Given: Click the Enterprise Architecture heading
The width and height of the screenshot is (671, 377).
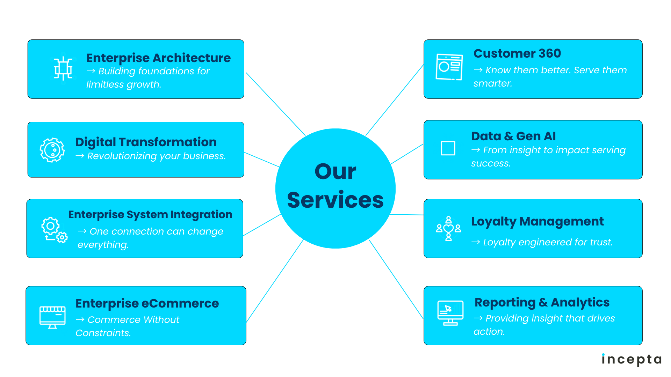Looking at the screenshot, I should tap(158, 58).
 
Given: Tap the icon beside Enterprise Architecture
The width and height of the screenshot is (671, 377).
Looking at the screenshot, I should tap(63, 68).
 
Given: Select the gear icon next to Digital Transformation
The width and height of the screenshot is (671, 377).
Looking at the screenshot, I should tap(52, 150).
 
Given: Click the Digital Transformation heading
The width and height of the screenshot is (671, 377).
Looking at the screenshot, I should tap(146, 142).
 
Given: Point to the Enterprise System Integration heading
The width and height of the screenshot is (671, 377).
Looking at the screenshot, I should tap(150, 214).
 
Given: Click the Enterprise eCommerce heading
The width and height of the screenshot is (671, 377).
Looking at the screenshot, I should tap(147, 303).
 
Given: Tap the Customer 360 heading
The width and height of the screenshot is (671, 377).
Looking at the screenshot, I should tap(517, 53).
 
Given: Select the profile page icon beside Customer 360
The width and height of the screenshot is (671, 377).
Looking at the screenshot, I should tap(449, 67).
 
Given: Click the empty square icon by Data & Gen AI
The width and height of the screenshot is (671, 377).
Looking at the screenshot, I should tap(448, 148).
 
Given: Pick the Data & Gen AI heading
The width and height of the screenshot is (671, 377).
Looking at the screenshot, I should tap(513, 136).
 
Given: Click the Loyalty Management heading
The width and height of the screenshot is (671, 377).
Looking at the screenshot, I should tap(537, 221).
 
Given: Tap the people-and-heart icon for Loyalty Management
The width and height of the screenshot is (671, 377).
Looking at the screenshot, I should tap(448, 229).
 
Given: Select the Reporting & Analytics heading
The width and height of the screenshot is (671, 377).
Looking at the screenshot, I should tap(542, 302).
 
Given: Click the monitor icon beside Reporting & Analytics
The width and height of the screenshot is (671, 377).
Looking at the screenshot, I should tap(450, 313).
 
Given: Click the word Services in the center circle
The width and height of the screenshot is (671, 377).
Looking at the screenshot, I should tap(335, 200).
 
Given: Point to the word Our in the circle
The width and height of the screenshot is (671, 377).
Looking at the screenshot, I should tap(335, 171).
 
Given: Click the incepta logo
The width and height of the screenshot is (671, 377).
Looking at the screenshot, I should tap(632, 360).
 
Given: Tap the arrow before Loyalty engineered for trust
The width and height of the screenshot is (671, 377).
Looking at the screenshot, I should tap(476, 242).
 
